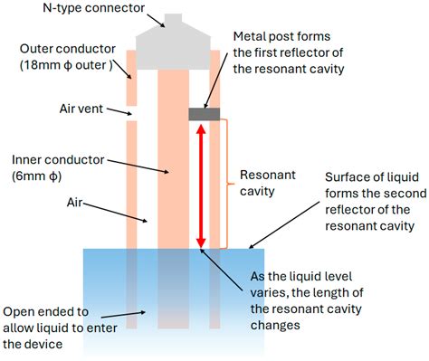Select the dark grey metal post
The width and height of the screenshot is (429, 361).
point(204,113)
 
